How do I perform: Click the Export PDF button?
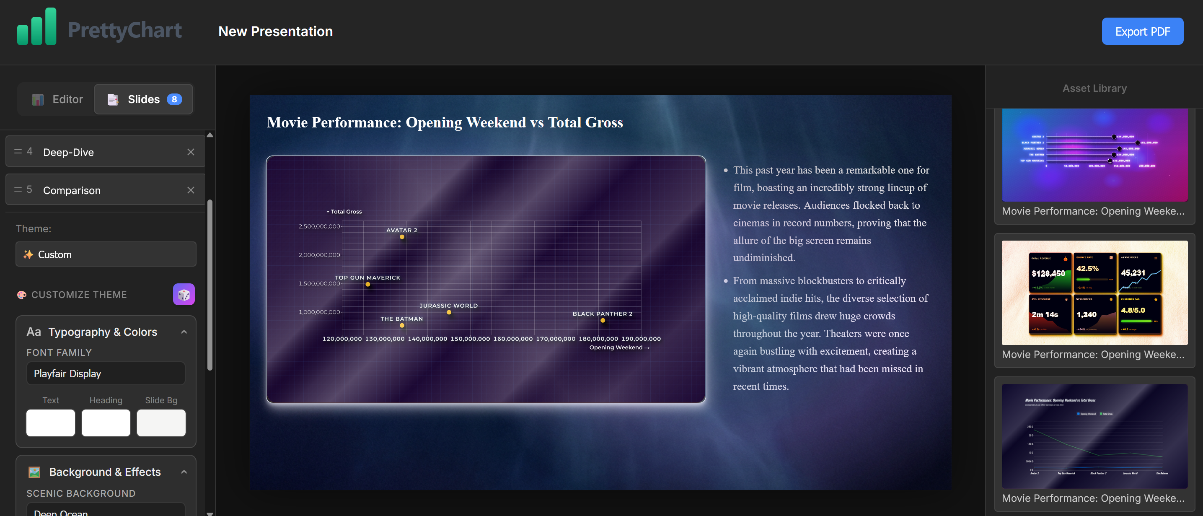(1142, 31)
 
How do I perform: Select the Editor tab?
(57, 99)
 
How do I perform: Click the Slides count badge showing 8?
(174, 99)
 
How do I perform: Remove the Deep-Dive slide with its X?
(191, 152)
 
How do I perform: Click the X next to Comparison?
(191, 190)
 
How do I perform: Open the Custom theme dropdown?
(106, 254)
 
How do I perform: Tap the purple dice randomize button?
(184, 294)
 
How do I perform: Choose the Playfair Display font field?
(106, 373)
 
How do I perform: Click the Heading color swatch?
(106, 423)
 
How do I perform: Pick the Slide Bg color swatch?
(161, 423)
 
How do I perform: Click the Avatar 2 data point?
(401, 237)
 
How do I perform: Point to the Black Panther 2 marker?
(603, 320)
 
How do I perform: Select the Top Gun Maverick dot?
(368, 284)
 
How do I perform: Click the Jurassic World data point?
(449, 312)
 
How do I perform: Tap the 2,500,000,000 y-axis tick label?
(319, 226)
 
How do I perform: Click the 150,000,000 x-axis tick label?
(470, 339)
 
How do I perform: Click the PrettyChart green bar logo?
(36, 27)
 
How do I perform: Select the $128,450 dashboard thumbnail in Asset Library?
(1094, 292)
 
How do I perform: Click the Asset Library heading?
(1094, 88)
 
